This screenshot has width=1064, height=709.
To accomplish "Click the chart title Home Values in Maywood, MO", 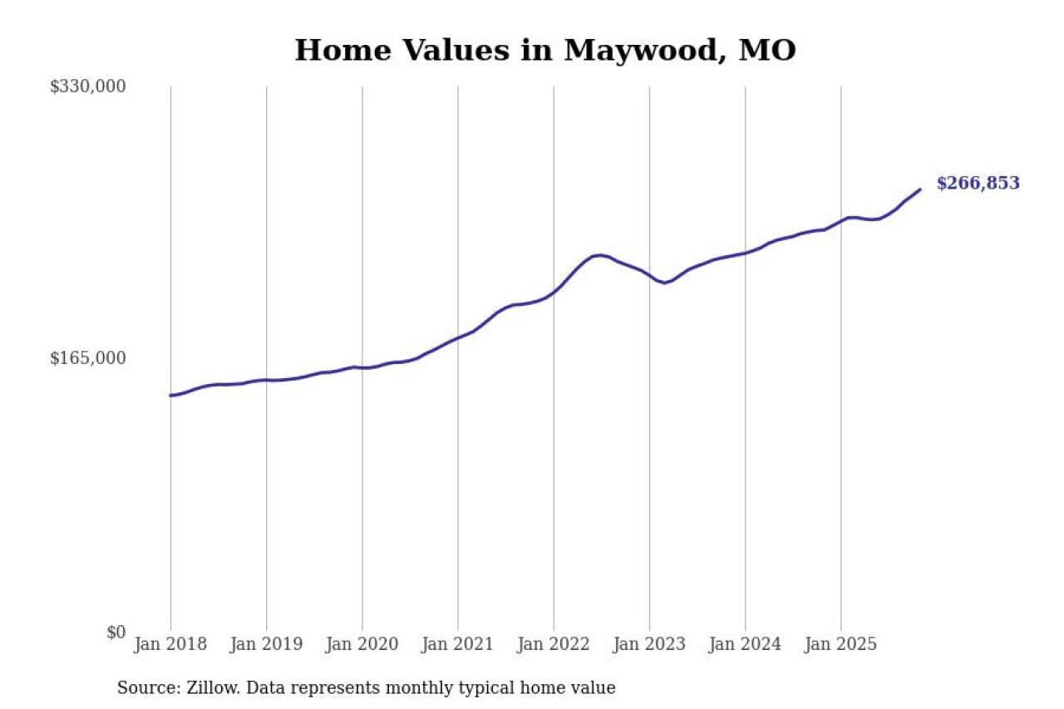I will (545, 51).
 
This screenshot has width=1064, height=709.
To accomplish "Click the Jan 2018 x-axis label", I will (170, 644).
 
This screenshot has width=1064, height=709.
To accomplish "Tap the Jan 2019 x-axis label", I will (266, 644).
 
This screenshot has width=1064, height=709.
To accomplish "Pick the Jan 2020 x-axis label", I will (362, 644).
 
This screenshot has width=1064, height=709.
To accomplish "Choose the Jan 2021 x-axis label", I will (457, 644).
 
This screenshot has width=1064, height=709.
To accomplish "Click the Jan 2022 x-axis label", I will (554, 644).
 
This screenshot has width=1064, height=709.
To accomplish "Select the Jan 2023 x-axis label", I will (649, 644).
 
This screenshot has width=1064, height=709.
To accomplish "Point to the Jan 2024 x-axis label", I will (745, 644).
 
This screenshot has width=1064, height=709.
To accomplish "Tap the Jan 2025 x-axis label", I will (840, 644).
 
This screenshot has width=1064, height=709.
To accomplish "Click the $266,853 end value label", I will (978, 184).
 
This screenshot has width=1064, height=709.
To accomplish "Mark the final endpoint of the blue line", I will (920, 190).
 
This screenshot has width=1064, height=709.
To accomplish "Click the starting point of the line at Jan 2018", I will (171, 396).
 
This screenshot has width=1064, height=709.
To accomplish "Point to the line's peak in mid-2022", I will (598, 255).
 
